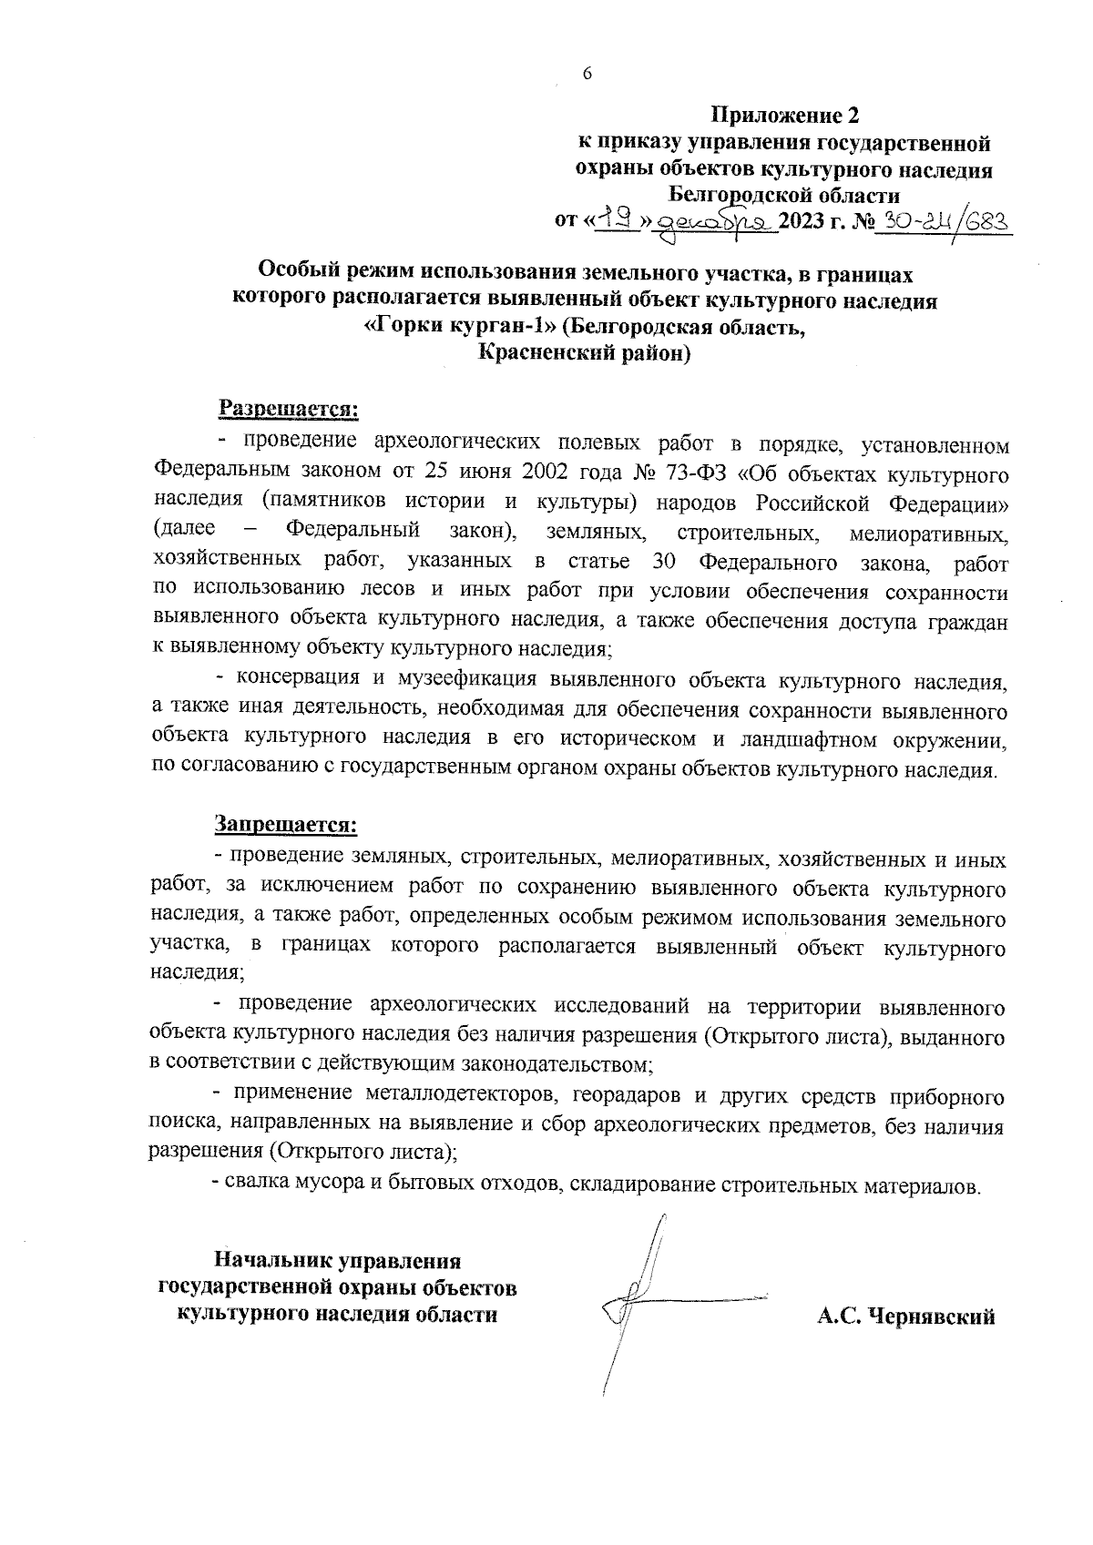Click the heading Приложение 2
784,116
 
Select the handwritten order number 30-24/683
944,221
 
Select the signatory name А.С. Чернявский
905,1316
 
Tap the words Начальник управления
337,1262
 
